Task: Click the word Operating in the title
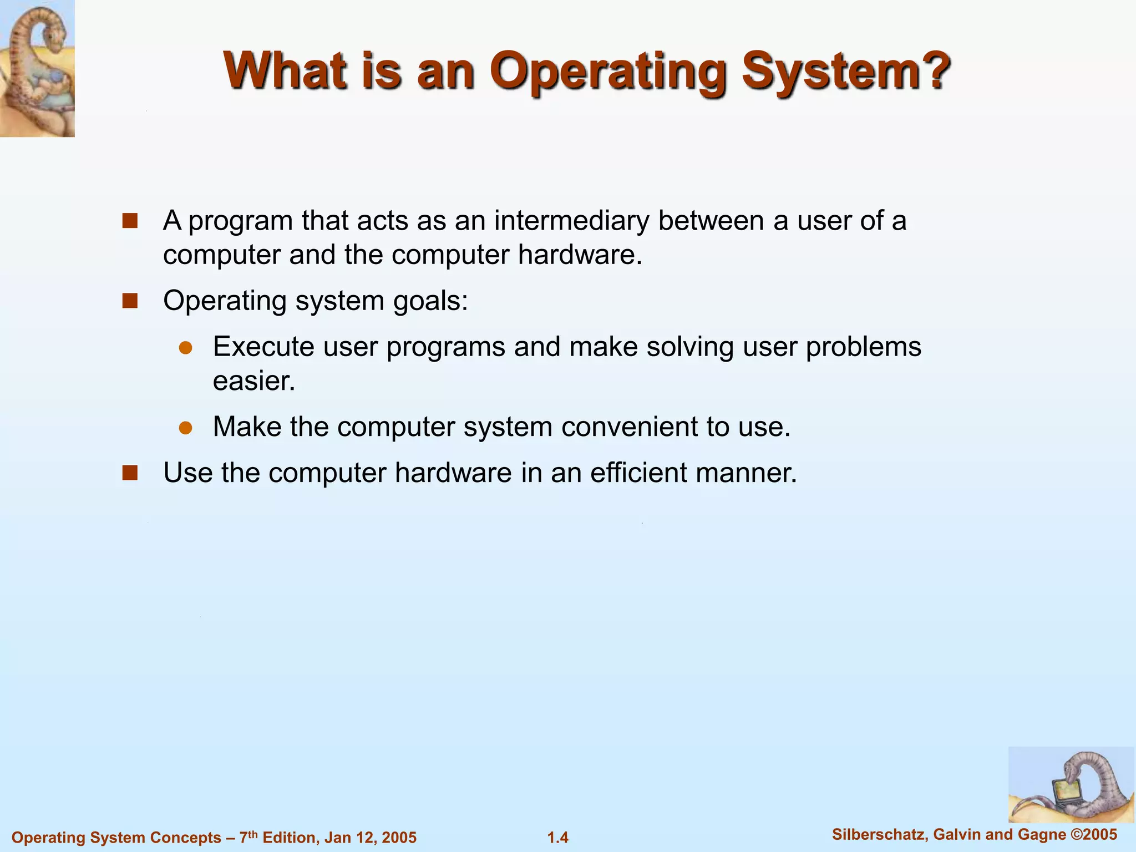coord(608,72)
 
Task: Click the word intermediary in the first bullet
coord(571,221)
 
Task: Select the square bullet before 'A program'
coord(130,221)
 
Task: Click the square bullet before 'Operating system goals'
coord(130,301)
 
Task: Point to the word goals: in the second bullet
coord(430,301)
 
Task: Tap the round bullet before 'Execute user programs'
coord(185,348)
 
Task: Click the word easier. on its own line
coord(254,381)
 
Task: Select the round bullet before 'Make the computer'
coord(185,428)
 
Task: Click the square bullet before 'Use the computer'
coord(130,473)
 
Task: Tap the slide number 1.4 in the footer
coord(558,838)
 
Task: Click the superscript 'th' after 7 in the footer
coord(252,833)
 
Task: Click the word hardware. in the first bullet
coord(580,255)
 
